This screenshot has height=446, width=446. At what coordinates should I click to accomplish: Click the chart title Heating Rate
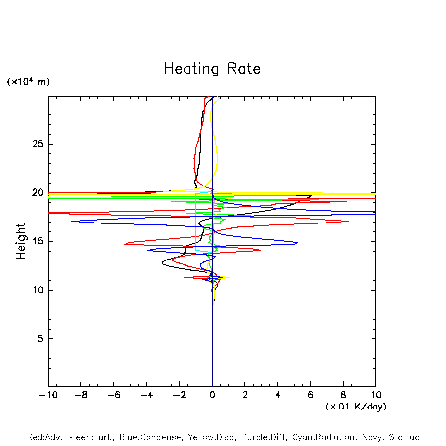212,69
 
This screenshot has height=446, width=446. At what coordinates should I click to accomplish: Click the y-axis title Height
21,241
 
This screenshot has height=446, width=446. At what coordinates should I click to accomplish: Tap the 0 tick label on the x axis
212,395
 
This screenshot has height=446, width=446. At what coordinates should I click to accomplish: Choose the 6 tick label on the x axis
310,395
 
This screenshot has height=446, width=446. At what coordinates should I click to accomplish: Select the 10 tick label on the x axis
376,395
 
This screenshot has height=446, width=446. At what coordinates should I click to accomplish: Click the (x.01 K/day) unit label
356,407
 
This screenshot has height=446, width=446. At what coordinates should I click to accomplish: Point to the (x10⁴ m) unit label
28,82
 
